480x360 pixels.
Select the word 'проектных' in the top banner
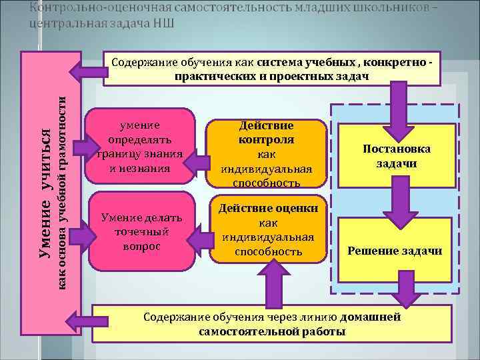296,76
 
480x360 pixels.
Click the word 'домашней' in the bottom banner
373,317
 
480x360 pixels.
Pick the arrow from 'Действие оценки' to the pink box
199,233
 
